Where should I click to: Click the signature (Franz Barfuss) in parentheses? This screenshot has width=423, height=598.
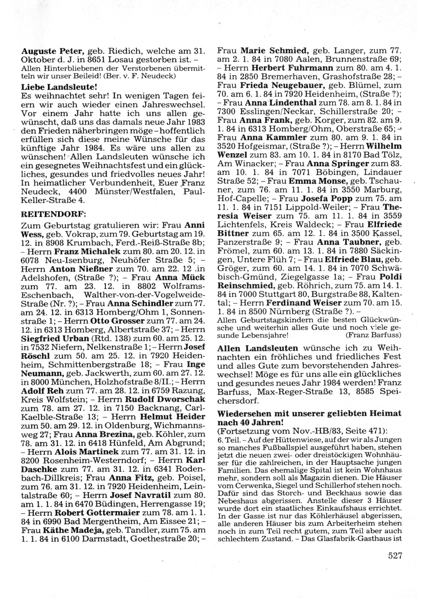point(372,335)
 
